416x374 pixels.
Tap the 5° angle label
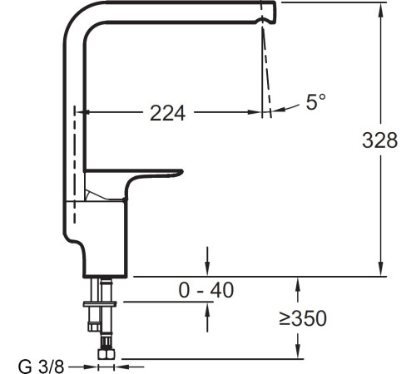[x=316, y=102]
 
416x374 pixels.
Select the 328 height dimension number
[x=380, y=141]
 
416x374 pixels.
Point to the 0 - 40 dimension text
[x=206, y=290]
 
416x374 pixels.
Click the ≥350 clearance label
[x=302, y=318]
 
